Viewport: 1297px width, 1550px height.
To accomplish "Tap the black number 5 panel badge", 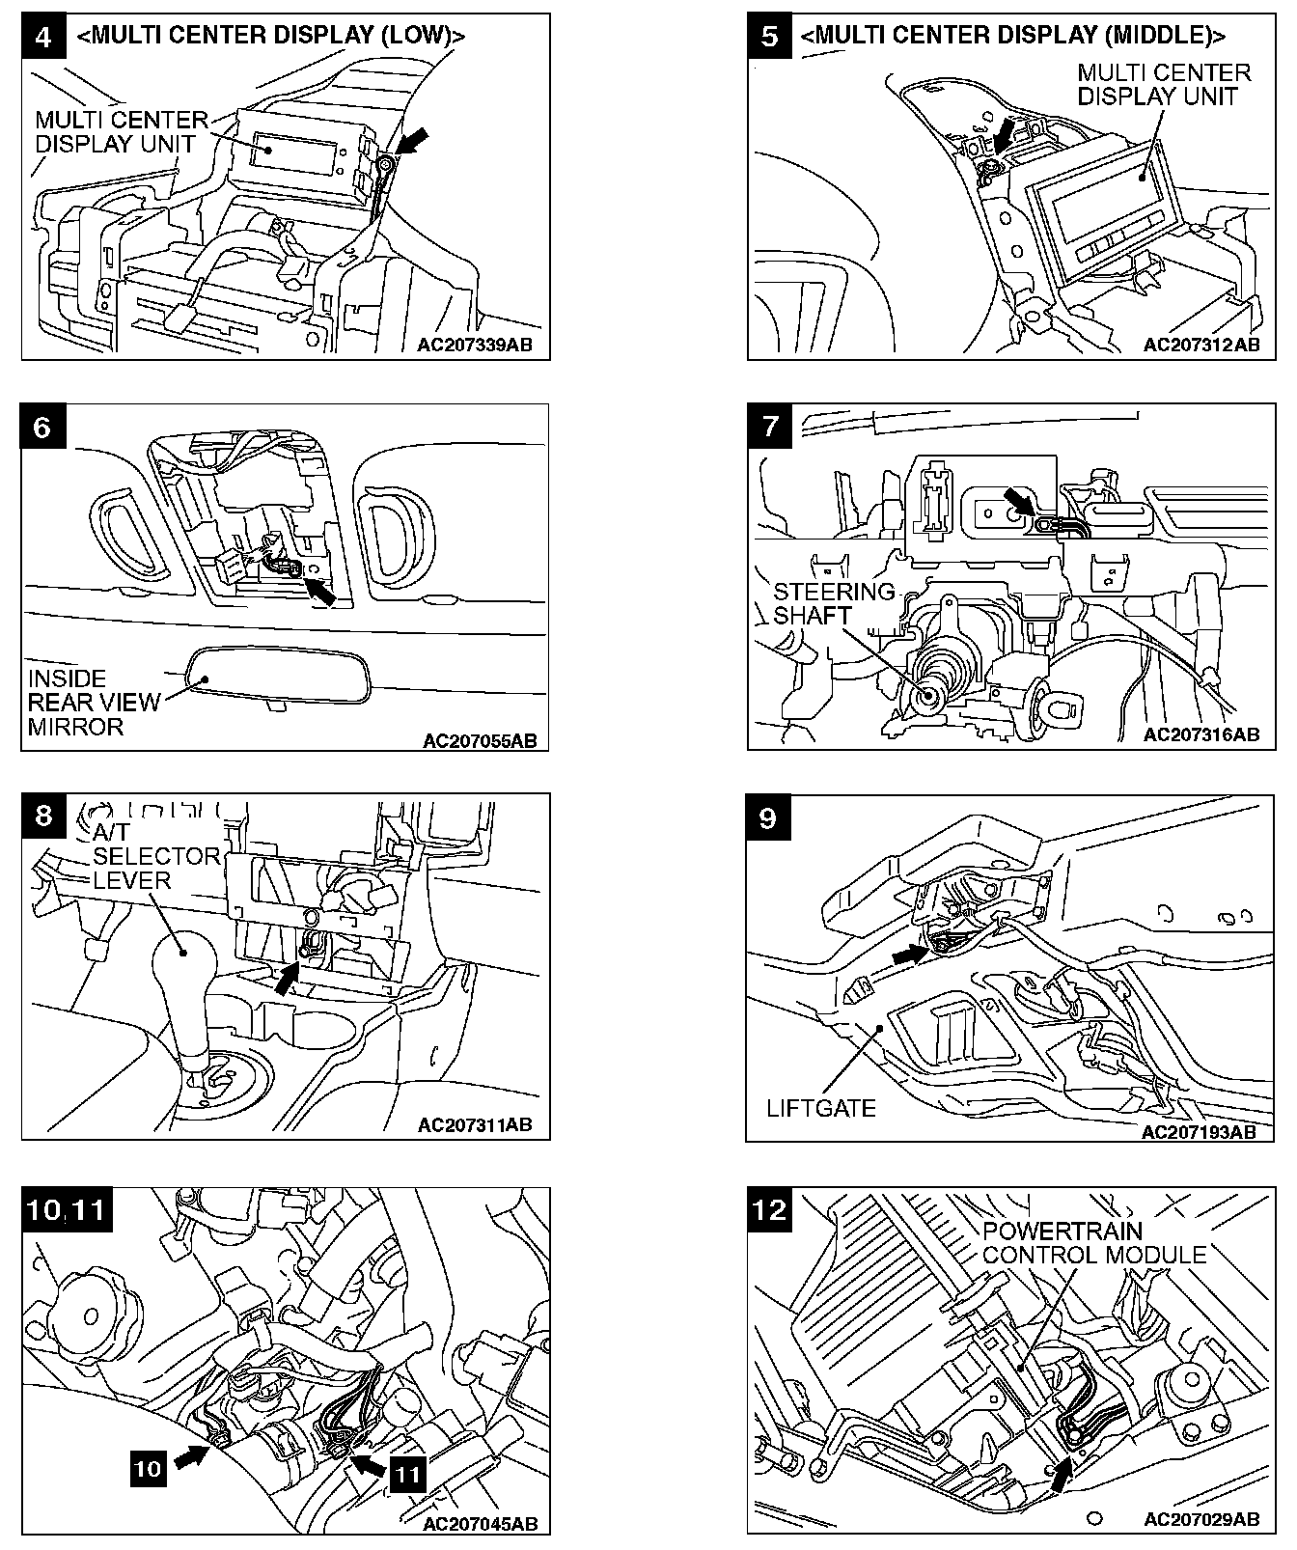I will tap(770, 37).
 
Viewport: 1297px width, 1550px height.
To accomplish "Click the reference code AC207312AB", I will tap(1201, 345).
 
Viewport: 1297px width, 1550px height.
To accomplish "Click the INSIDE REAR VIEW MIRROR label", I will tap(93, 703).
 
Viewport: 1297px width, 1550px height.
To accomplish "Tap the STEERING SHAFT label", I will tap(833, 603).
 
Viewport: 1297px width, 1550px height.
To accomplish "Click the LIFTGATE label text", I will tap(821, 1107).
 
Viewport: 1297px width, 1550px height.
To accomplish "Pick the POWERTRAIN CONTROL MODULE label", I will tap(1094, 1243).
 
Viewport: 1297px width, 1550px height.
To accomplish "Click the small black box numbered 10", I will tap(148, 1469).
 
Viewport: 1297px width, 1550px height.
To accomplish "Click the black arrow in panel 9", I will tap(906, 954).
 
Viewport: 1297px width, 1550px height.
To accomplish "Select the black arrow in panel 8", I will tap(285, 981).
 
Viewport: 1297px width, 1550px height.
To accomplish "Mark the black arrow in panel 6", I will tap(322, 591).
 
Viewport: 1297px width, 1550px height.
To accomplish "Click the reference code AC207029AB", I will tap(1201, 1518).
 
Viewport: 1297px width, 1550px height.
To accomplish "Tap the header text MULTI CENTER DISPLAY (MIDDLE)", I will tap(1013, 36).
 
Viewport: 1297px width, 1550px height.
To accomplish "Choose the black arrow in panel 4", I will tap(410, 144).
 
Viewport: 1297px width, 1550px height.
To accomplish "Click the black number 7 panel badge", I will tap(770, 427).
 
